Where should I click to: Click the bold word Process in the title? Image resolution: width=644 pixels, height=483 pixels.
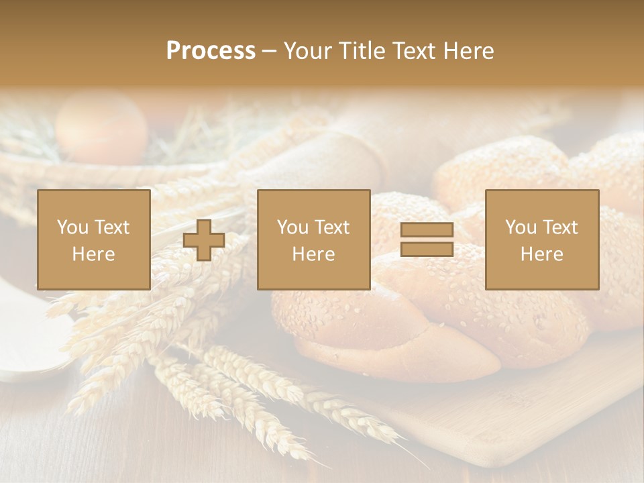(211, 51)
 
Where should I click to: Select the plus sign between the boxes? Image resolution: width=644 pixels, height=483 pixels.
(204, 239)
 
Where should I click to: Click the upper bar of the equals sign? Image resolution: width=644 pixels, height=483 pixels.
(427, 230)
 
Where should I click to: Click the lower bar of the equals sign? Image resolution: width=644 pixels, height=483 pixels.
(427, 250)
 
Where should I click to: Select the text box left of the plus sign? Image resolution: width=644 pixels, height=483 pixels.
(93, 239)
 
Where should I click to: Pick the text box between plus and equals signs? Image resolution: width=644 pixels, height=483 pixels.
(313, 239)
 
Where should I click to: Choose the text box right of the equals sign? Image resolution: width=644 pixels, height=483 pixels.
(541, 239)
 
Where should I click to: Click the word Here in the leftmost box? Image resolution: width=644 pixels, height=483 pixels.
(93, 254)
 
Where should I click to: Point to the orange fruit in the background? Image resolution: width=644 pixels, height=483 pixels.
(101, 127)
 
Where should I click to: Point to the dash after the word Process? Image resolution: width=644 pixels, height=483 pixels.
(269, 51)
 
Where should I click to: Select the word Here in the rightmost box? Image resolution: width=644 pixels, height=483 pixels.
(541, 254)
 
